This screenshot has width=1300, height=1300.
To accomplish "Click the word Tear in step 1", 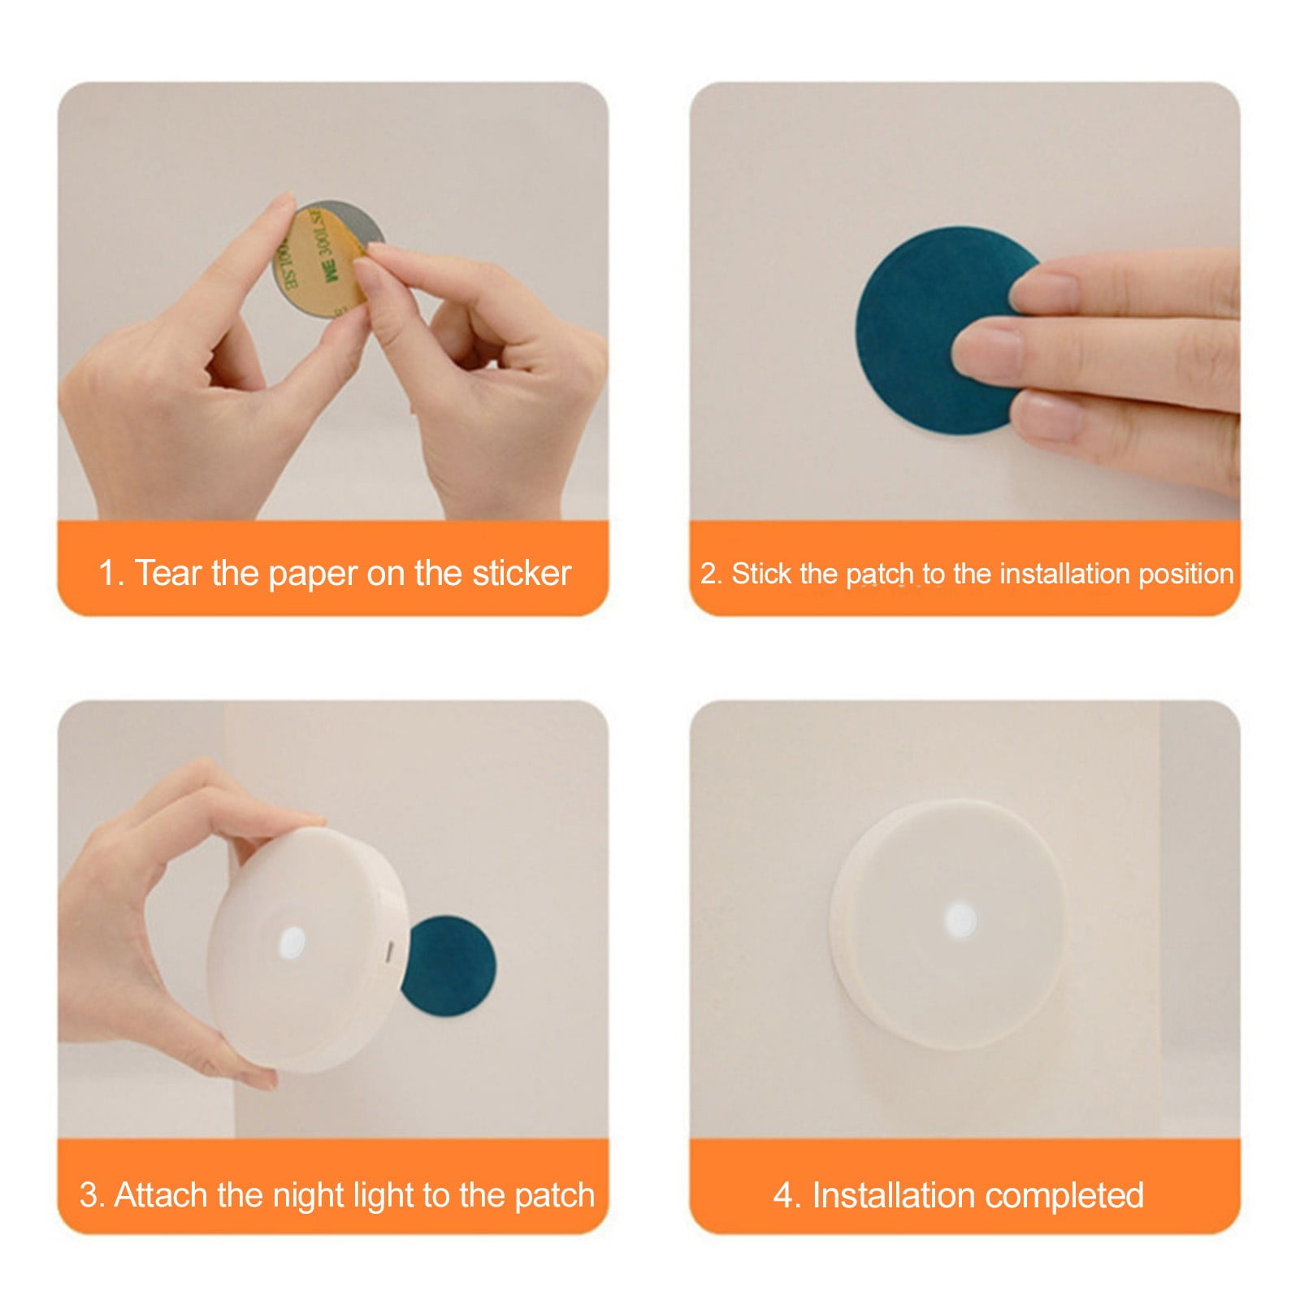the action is (167, 573).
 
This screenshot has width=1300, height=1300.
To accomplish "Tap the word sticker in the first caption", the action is (522, 573).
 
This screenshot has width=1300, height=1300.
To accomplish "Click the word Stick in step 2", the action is (761, 574).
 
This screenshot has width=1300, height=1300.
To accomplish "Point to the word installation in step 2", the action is (1065, 574).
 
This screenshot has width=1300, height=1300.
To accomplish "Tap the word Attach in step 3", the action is (162, 1195).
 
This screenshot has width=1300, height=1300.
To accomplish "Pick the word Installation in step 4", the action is (894, 1195).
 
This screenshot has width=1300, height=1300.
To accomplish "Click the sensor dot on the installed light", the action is (961, 921).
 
